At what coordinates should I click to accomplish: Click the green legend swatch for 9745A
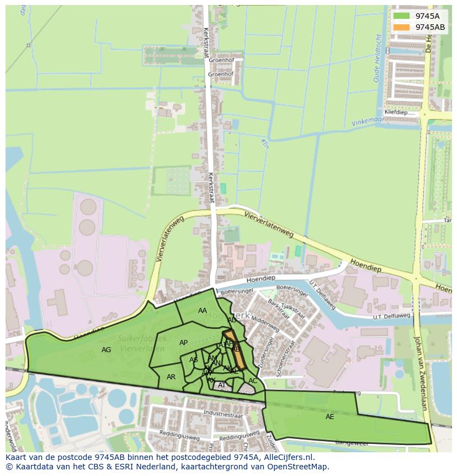pos(401,16)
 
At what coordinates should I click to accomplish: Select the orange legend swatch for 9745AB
pos(401,27)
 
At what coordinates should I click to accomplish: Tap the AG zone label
pos(107,349)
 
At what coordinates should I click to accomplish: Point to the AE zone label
pos(330,416)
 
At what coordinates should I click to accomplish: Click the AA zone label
pos(203,311)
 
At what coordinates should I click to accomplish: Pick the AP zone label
pos(184,343)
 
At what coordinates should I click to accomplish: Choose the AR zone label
pos(171,377)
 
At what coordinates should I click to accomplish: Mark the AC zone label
pos(253,381)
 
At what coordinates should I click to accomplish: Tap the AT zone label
pos(222,385)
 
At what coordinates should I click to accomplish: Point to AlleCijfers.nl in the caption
pos(287,457)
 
